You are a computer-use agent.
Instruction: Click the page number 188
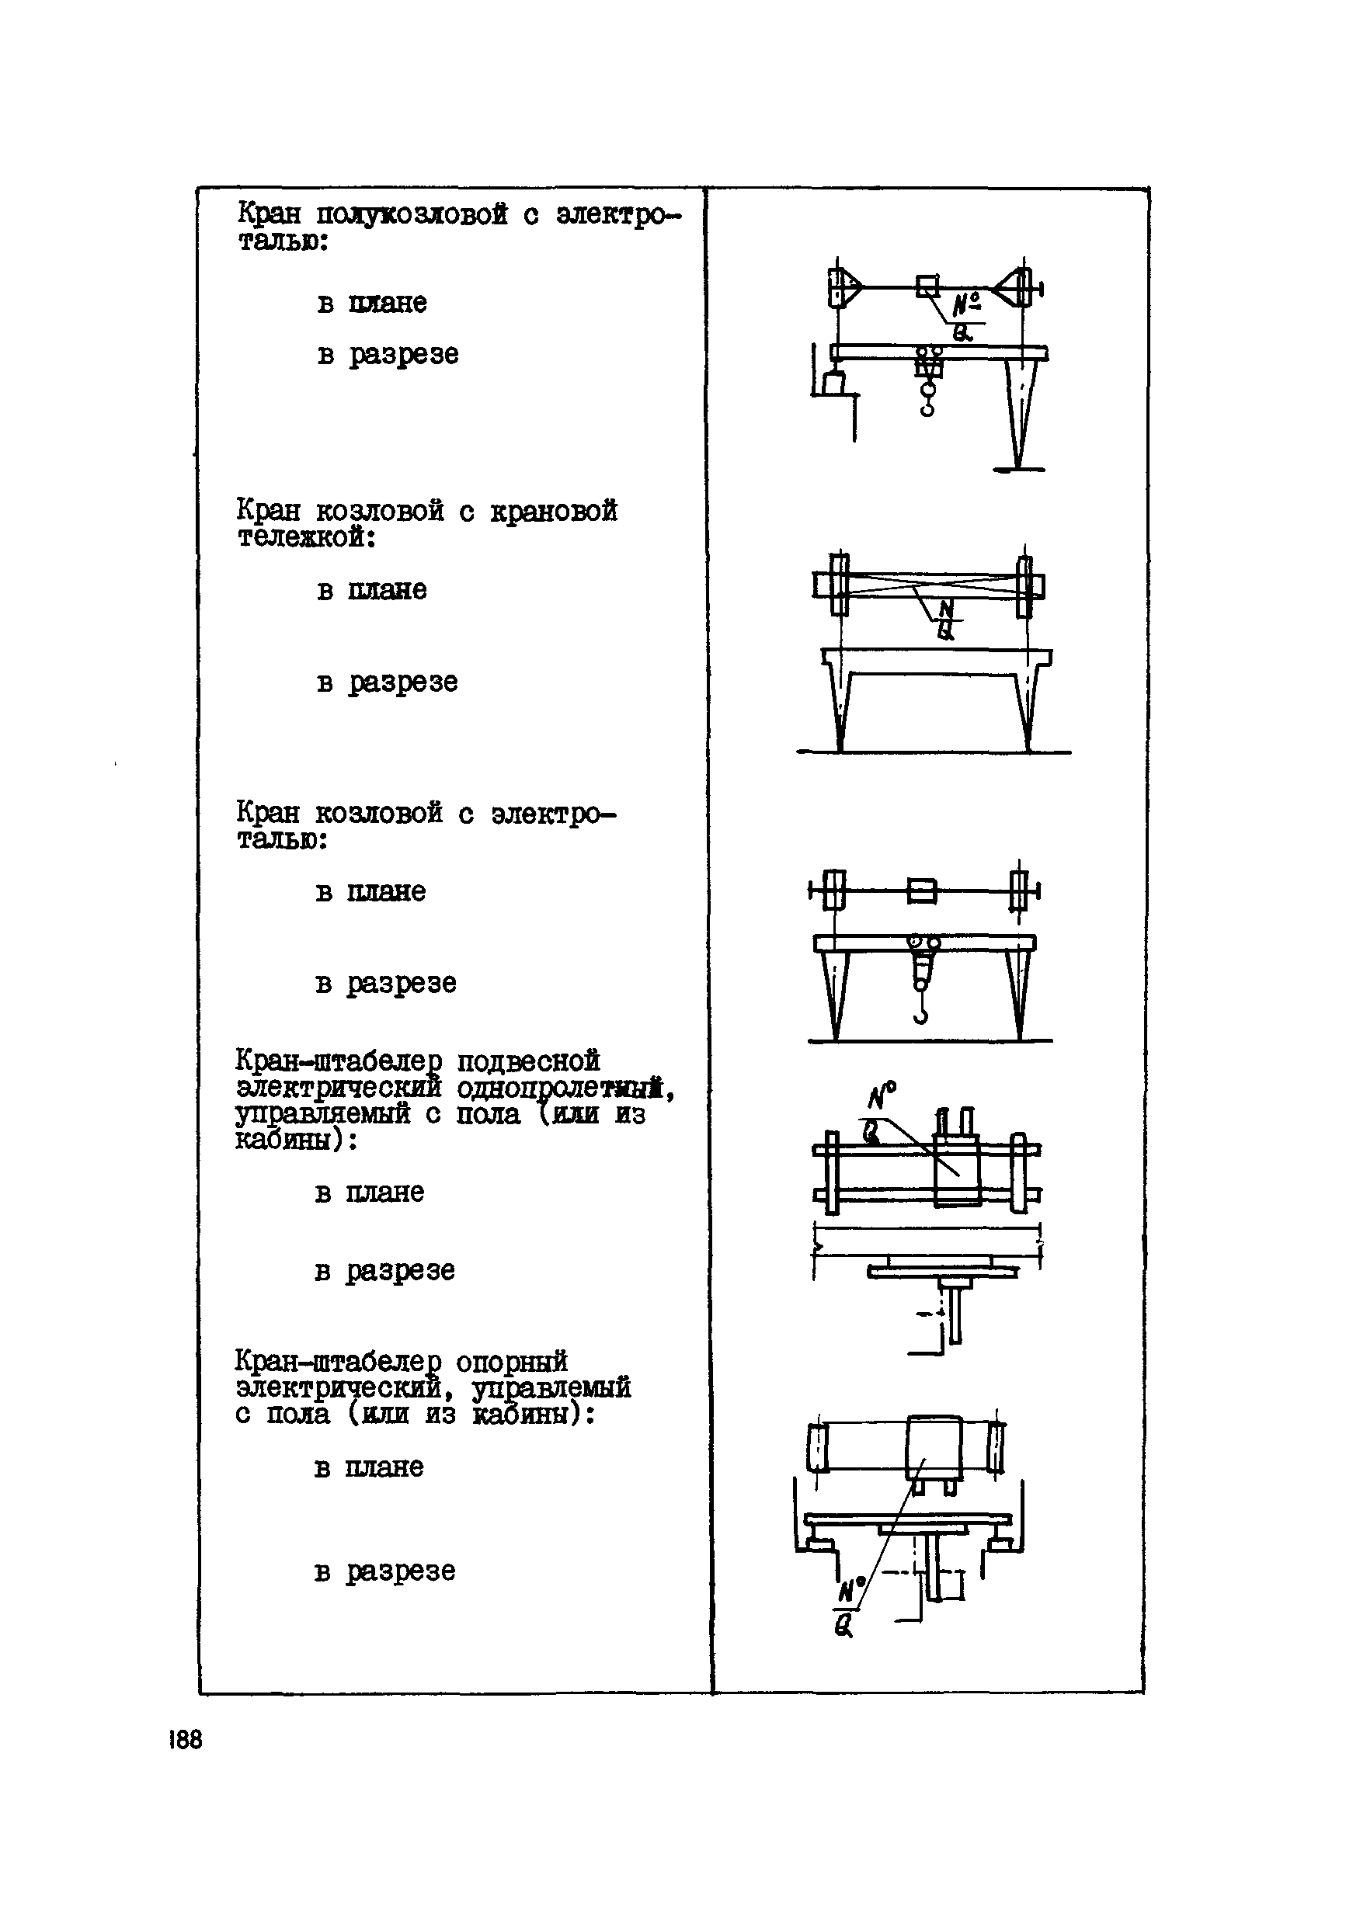pos(186,1740)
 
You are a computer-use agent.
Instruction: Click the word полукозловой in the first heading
pos(412,215)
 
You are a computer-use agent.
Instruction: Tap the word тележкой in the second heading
pos(304,537)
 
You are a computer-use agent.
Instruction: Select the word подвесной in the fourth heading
pos(528,1061)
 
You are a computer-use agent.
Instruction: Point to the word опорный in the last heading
pos(511,1360)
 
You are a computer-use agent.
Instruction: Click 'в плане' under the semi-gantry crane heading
pos(372,303)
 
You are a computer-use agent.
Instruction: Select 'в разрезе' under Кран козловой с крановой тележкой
pos(387,682)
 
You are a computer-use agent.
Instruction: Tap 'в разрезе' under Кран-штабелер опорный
pos(384,1571)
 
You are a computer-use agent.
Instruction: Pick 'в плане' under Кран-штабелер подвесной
pos(370,1193)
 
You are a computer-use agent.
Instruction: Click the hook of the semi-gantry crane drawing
pos(927,405)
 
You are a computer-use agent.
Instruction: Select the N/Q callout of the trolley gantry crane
pos(946,620)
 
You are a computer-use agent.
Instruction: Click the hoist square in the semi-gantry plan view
pos(927,286)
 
